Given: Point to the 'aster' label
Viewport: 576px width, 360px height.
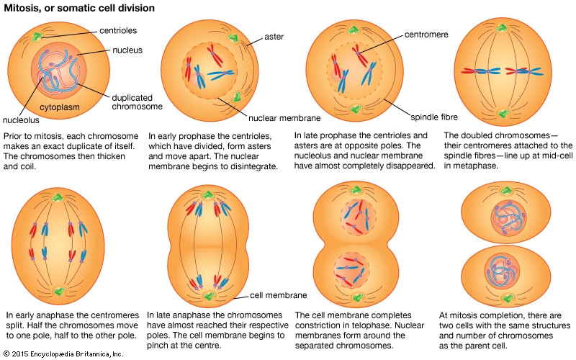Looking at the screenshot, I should click(x=273, y=36).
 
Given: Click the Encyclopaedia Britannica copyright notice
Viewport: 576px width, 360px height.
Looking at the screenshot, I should click(x=63, y=354).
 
